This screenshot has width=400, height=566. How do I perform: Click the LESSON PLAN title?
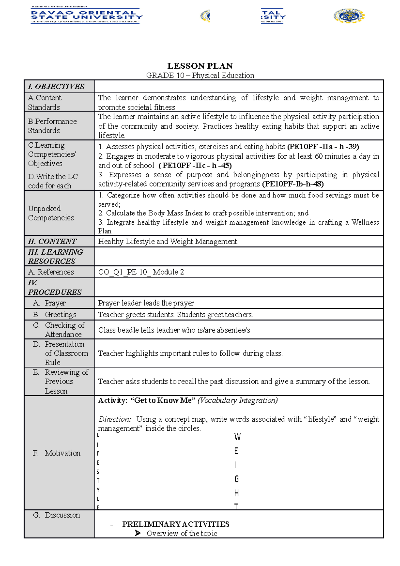pos(200,66)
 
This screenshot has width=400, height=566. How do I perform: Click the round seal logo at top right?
pos(349,16)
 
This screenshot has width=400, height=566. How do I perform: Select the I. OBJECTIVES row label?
pos(56,87)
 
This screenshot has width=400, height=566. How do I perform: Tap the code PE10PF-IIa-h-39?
pos(323,147)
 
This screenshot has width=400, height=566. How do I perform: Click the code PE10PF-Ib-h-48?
pos(293,184)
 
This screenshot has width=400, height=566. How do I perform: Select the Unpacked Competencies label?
pos(51,213)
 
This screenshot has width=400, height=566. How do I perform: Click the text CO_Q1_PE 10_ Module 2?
pos(141,272)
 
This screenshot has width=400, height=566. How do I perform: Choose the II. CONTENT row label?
pos(52,241)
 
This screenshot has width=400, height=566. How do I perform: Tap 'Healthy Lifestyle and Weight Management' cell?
pos(167,241)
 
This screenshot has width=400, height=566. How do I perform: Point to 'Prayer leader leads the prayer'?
pos(146,303)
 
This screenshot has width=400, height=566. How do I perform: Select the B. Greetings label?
pos(55,315)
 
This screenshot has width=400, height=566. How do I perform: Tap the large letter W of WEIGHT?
pos(237,437)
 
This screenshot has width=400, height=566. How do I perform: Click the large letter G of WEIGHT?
pos(236,479)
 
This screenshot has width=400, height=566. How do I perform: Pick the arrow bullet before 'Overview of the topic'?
pos(138,533)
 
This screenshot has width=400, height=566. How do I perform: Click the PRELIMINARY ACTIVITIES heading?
pos(176,524)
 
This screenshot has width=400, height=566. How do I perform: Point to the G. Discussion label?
pos(57,515)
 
